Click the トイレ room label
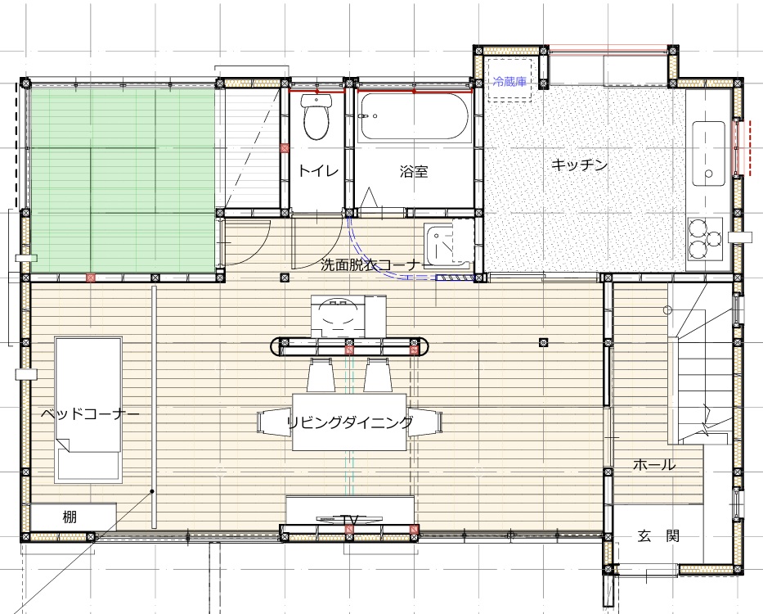[318, 170]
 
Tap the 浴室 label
[414, 171]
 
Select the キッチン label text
[579, 165]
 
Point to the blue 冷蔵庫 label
[509, 81]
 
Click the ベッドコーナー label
[90, 414]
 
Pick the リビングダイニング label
[350, 422]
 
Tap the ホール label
[654, 464]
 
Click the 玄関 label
[658, 536]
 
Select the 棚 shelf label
[70, 517]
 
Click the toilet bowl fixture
[316, 116]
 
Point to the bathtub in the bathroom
[414, 116]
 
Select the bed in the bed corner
[88, 410]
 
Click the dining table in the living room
[349, 422]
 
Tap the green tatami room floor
[123, 181]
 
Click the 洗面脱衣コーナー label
[372, 264]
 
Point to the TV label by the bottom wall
[350, 521]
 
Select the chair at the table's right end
[424, 422]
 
